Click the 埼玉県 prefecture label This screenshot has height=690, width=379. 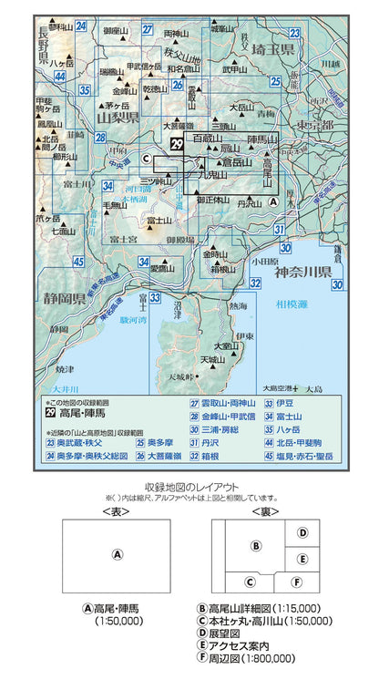click(274, 51)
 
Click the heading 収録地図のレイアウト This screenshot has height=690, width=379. click(189, 488)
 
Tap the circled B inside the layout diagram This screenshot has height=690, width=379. click(257, 546)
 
